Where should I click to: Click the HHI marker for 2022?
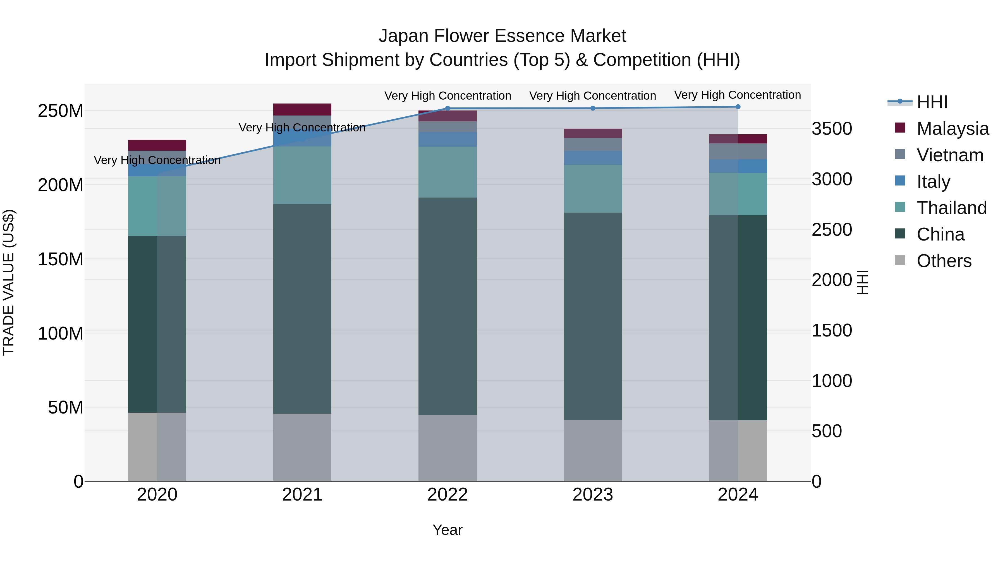tap(448, 109)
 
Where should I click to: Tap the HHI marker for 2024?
tap(738, 107)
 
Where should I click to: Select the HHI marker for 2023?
tap(593, 109)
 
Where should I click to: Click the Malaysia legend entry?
tap(952, 129)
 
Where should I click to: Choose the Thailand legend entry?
tap(951, 208)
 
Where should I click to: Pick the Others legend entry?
tap(943, 261)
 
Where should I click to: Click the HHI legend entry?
tap(932, 102)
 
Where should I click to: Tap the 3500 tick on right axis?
tap(832, 129)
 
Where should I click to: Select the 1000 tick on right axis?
tap(832, 381)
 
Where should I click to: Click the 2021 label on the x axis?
tap(302, 495)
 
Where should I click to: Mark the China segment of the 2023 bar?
tap(593, 316)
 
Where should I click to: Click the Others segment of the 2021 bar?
tap(302, 447)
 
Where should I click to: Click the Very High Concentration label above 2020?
tap(157, 160)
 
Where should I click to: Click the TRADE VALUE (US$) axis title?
tap(9, 282)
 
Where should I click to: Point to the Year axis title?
tap(448, 530)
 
